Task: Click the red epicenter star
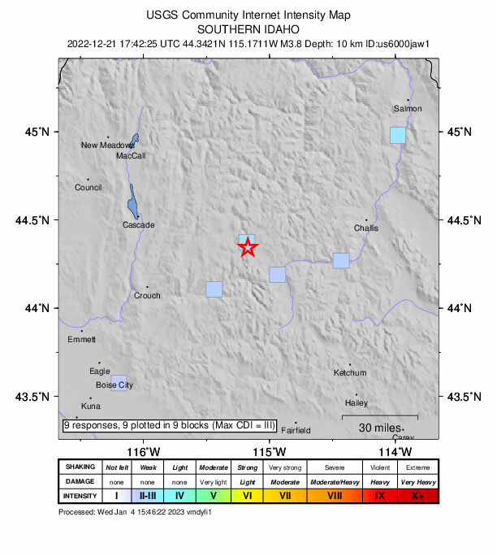coord(248,248)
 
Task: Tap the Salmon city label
coord(408,108)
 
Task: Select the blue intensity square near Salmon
coord(397,135)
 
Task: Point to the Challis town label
coord(366,228)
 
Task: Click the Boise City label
coord(114,385)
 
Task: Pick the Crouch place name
coord(147,296)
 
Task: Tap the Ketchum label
coord(350,373)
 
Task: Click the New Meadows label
coord(107,146)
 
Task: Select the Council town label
coord(88,188)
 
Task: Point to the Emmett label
coord(81,339)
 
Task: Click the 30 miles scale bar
coord(378,418)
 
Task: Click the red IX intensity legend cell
coord(380,495)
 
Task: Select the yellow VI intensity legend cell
coord(247,495)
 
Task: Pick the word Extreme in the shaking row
coord(418,467)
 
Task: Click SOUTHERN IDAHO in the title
coord(248,28)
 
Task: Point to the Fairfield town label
coord(296,431)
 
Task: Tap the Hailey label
coord(357,403)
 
